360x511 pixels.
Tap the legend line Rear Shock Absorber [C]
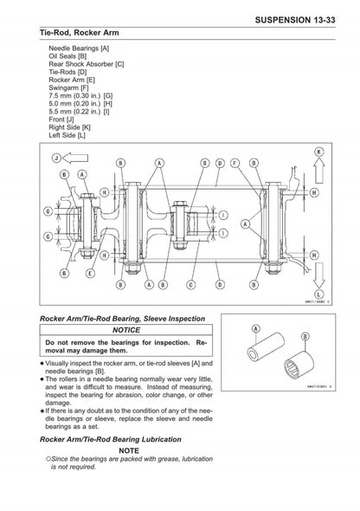coord(86,63)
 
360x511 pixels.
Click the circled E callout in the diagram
coord(89,273)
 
